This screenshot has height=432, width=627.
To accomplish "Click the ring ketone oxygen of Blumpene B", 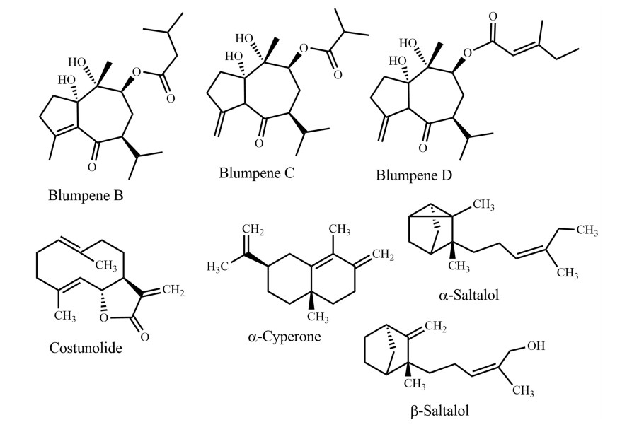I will [92, 167].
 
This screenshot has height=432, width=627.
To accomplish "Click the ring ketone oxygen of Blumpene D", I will [422, 148].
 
